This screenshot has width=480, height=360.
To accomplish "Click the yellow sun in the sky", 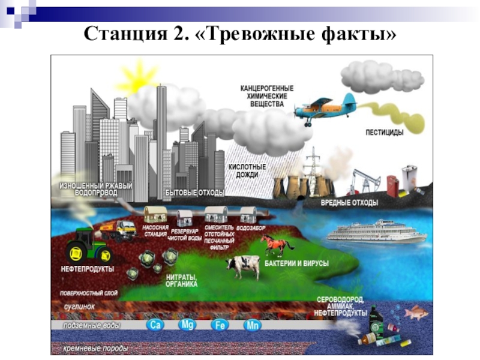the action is tap(139, 77).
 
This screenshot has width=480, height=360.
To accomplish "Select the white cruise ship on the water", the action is tap(377, 232).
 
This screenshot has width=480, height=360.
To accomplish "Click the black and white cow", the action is tap(243, 265).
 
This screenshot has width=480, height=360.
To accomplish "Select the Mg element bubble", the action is tap(188, 325).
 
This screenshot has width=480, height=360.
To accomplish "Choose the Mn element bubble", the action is tap(253, 326).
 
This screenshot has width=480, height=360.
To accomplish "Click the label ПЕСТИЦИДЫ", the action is tap(384, 131).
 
